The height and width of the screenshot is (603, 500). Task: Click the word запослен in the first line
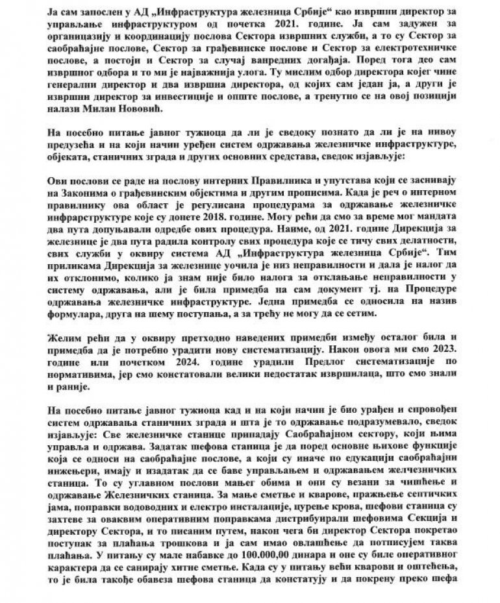(73, 9)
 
